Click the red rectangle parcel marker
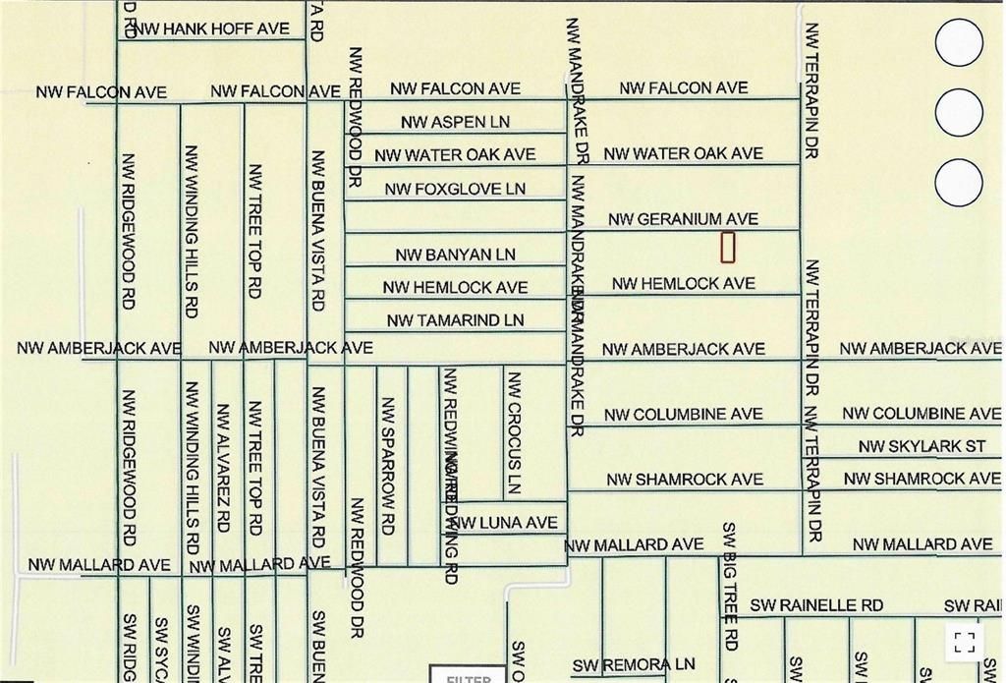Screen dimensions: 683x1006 click(x=728, y=247)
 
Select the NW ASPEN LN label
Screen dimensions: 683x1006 click(x=456, y=122)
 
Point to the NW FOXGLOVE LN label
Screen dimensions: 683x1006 click(x=455, y=188)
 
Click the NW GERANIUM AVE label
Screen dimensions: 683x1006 click(x=684, y=219)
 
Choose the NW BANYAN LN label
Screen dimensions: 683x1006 click(x=455, y=255)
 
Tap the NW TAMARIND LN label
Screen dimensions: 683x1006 click(x=455, y=319)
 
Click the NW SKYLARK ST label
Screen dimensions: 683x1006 click(x=922, y=446)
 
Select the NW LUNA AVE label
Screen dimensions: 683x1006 click(x=504, y=522)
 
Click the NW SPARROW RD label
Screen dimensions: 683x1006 click(x=387, y=465)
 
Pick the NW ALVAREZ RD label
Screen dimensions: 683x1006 click(x=223, y=467)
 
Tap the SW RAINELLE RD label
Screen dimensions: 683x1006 click(x=816, y=605)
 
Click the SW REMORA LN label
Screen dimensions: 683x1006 click(x=634, y=665)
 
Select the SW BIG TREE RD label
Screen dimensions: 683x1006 click(x=729, y=587)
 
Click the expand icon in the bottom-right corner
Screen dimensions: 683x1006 click(x=965, y=643)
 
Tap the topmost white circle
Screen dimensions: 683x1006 click(x=959, y=43)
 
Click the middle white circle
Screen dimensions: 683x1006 click(x=959, y=113)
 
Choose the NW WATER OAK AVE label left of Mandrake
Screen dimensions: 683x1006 click(x=455, y=154)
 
